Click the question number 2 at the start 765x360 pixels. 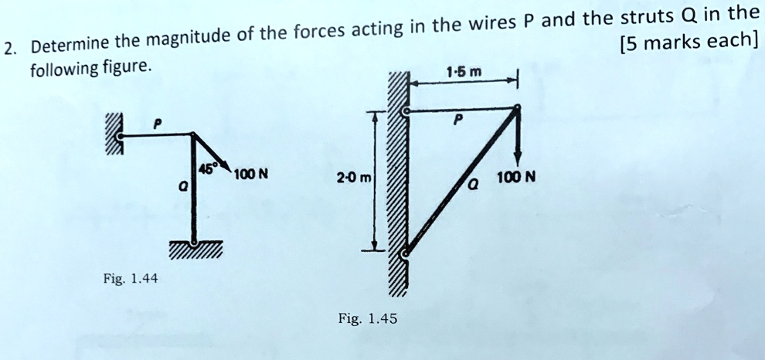coord(8,50)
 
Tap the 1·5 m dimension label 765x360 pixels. coord(464,72)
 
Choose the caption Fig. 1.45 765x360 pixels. coord(368,319)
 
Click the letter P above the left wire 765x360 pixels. coord(158,124)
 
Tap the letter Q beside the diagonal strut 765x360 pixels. coord(473,185)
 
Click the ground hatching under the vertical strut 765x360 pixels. coord(195,250)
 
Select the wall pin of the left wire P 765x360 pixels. coord(121,138)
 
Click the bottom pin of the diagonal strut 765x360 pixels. coord(404,253)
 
